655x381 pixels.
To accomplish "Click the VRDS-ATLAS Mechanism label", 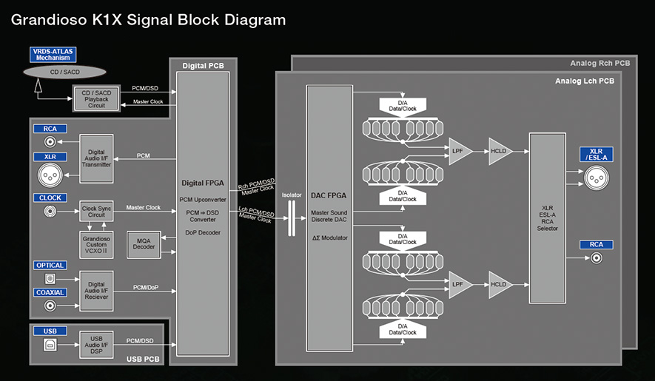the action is [x=53, y=55].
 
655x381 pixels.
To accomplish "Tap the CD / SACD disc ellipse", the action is [x=64, y=72].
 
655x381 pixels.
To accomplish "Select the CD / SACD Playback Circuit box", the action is [x=96, y=99].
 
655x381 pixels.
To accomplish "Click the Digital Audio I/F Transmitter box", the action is [x=96, y=159].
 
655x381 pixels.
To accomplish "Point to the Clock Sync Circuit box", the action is [x=96, y=212].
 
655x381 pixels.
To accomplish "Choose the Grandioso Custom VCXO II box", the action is [x=96, y=245].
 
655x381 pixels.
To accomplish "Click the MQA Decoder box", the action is [x=144, y=244].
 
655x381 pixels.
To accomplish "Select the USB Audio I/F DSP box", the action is [x=96, y=345].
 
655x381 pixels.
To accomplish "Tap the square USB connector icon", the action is [x=50, y=345].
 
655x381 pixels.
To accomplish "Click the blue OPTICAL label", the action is [x=50, y=266].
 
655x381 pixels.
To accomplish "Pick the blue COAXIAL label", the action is [x=50, y=292].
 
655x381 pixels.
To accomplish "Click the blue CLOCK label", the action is [x=50, y=198].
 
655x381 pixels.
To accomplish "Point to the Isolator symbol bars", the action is [x=292, y=218].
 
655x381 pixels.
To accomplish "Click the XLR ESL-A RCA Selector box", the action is [x=547, y=218].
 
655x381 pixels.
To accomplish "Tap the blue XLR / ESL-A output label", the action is [x=597, y=154].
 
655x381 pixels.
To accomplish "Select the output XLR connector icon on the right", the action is [x=597, y=178].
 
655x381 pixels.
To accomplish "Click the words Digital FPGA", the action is [x=203, y=183].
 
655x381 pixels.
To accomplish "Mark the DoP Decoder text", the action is [x=203, y=233].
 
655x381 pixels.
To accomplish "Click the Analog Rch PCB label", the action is [x=600, y=63].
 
